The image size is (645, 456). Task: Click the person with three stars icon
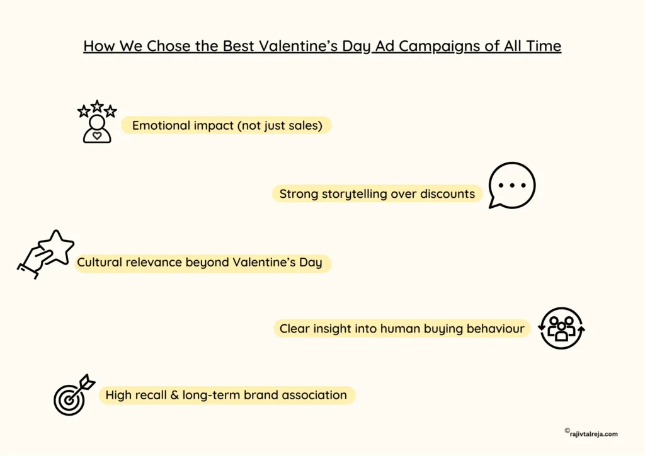coord(97,122)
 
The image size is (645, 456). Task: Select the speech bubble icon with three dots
coord(511,186)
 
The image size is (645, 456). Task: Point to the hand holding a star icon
coord(45,254)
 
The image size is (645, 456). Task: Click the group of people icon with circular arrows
coord(562,328)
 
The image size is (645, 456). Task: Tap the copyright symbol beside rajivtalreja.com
coord(567,431)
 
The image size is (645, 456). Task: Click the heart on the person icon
coord(96,134)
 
